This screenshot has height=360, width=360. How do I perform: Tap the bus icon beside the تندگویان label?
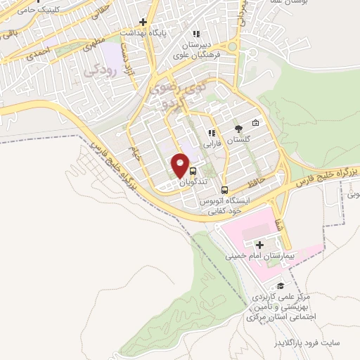(193, 169)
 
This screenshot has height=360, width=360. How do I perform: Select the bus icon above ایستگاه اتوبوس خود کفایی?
(224, 189)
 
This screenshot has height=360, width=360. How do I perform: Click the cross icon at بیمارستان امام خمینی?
(259, 245)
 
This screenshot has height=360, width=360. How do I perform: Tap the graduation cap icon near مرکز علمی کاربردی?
(281, 285)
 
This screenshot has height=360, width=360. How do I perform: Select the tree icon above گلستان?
(238, 128)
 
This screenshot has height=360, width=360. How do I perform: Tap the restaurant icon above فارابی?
(210, 132)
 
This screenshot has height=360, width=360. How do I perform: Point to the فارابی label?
(212, 143)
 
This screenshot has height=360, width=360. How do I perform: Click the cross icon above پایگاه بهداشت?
(143, 22)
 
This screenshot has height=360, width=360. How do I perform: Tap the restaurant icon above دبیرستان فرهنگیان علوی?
(196, 32)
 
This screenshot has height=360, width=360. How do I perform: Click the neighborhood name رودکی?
(98, 70)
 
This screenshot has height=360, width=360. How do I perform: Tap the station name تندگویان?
(174, 181)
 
